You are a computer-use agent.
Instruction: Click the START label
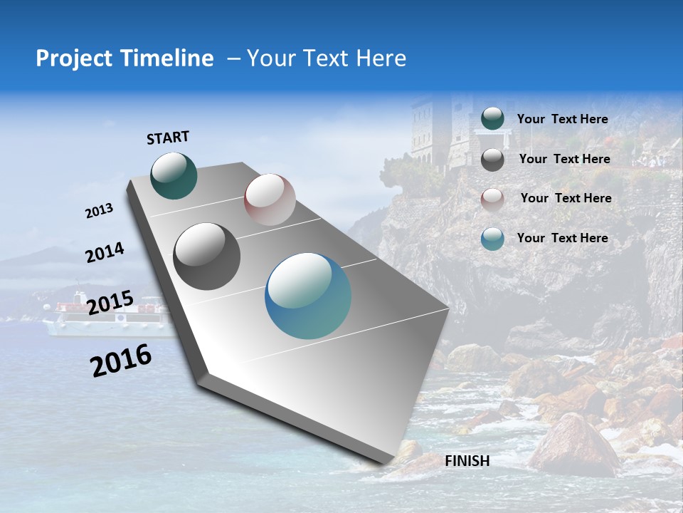168,138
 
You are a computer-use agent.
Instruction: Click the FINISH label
467,461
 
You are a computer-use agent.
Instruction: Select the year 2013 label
99,211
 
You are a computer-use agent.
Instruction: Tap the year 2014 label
105,253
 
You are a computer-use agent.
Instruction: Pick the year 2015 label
110,302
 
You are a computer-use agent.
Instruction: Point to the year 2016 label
121,361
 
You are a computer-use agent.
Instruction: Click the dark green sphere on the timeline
174,175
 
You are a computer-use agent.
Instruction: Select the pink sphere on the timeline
270,199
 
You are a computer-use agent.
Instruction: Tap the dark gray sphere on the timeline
207,256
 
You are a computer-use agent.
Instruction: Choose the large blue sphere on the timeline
308,296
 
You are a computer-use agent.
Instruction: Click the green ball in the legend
492,118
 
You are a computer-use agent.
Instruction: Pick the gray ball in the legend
492,159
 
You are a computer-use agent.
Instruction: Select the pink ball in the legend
492,199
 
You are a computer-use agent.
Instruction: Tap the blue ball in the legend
492,239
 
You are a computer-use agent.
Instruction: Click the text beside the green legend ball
562,119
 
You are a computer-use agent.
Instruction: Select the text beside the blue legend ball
562,238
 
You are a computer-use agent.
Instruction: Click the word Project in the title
73,58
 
